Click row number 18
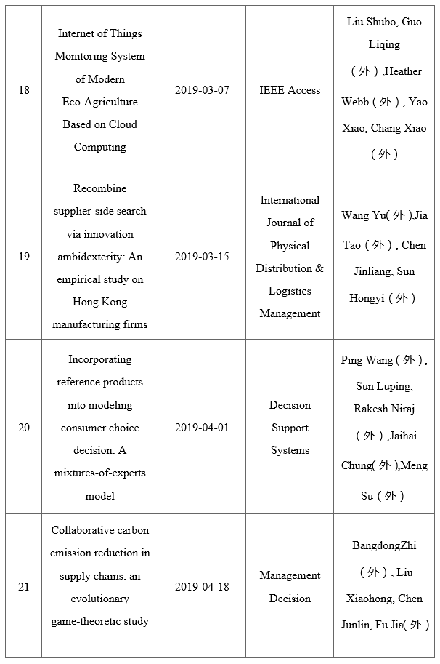pyautogui.click(x=24, y=90)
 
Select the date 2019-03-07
pyautogui.click(x=202, y=90)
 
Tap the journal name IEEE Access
pyautogui.click(x=290, y=90)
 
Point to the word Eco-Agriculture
pyautogui.click(x=100, y=102)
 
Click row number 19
pyautogui.click(x=24, y=257)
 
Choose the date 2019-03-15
pyautogui.click(x=202, y=257)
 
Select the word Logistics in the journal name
pyautogui.click(x=290, y=291)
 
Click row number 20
pyautogui.click(x=24, y=427)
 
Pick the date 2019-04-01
pyautogui.click(x=202, y=427)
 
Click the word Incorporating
pyautogui.click(x=100, y=359)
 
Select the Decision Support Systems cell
pyautogui.click(x=290, y=428)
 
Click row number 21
pyautogui.click(x=24, y=587)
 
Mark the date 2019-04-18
pyautogui.click(x=202, y=587)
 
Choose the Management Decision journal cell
pyautogui.click(x=290, y=587)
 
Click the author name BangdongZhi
pyautogui.click(x=384, y=545)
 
